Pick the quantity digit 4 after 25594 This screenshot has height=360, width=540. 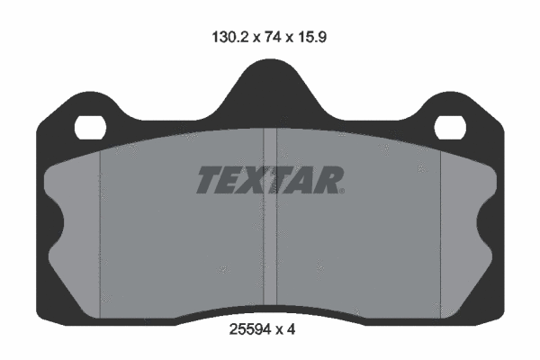click(x=292, y=329)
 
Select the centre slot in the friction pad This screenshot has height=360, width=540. click(x=269, y=225)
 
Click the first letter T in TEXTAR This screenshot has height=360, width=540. click(x=208, y=180)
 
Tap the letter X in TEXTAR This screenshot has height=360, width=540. click(x=257, y=180)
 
